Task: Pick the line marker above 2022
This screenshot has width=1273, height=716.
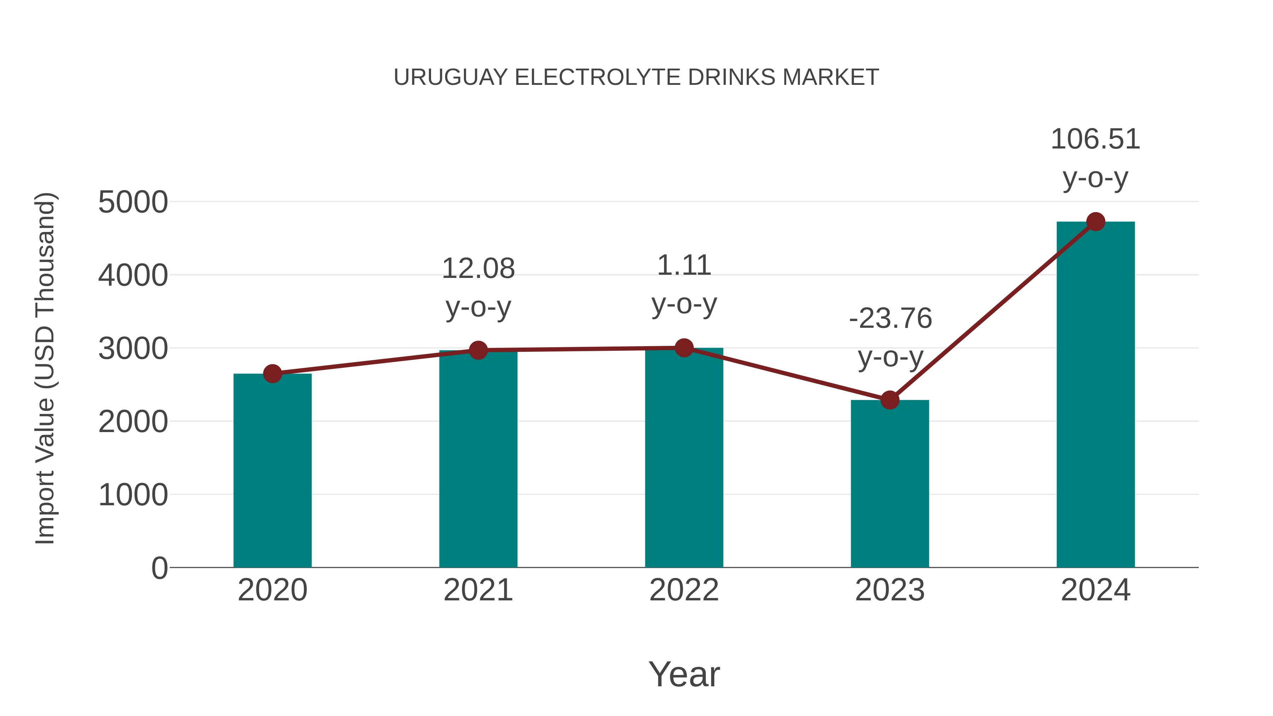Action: coord(684,348)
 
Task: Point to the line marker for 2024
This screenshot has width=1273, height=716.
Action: coord(1095,222)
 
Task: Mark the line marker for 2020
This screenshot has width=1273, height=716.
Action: coord(272,374)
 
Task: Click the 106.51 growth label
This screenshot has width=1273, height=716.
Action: coord(1095,139)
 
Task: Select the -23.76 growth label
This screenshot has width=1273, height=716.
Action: coord(890,319)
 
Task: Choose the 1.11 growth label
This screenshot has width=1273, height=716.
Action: coord(684,266)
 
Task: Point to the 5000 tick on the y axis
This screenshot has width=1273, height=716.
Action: coord(133,202)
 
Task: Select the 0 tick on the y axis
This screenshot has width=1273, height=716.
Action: coord(159,568)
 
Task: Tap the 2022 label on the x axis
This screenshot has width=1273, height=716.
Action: coord(684,590)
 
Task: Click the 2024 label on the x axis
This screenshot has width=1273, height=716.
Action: coord(1095,590)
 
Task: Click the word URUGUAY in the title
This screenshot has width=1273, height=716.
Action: coord(451,77)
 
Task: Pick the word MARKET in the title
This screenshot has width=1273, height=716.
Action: coord(830,77)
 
